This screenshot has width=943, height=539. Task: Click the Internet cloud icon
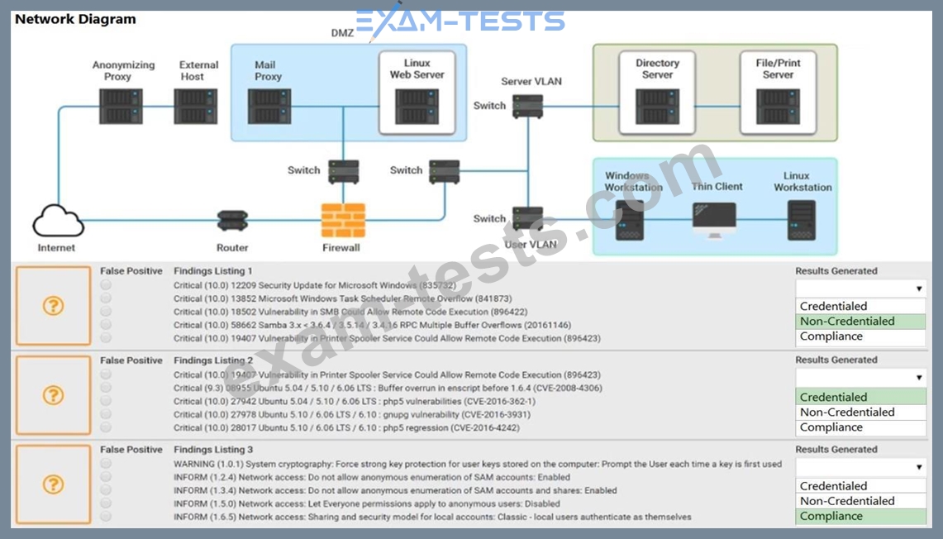pos(58,220)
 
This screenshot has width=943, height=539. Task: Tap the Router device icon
pos(232,221)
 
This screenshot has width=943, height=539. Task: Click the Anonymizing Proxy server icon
pos(121,106)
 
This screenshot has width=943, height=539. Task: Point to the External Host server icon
pos(196,106)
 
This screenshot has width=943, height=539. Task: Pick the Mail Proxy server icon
pos(269,107)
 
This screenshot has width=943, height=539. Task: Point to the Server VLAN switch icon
pos(527,106)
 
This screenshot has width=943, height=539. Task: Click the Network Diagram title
pos(75,19)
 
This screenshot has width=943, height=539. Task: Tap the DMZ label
pos(342,33)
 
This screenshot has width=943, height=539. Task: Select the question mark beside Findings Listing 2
pos(53,395)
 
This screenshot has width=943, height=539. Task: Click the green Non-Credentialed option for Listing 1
pos(860,321)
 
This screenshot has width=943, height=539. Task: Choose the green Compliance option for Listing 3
pos(860,516)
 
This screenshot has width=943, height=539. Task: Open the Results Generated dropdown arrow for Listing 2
pos(918,378)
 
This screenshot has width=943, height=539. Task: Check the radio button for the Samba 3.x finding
pos(106,325)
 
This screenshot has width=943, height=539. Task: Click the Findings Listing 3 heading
pos(213,450)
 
